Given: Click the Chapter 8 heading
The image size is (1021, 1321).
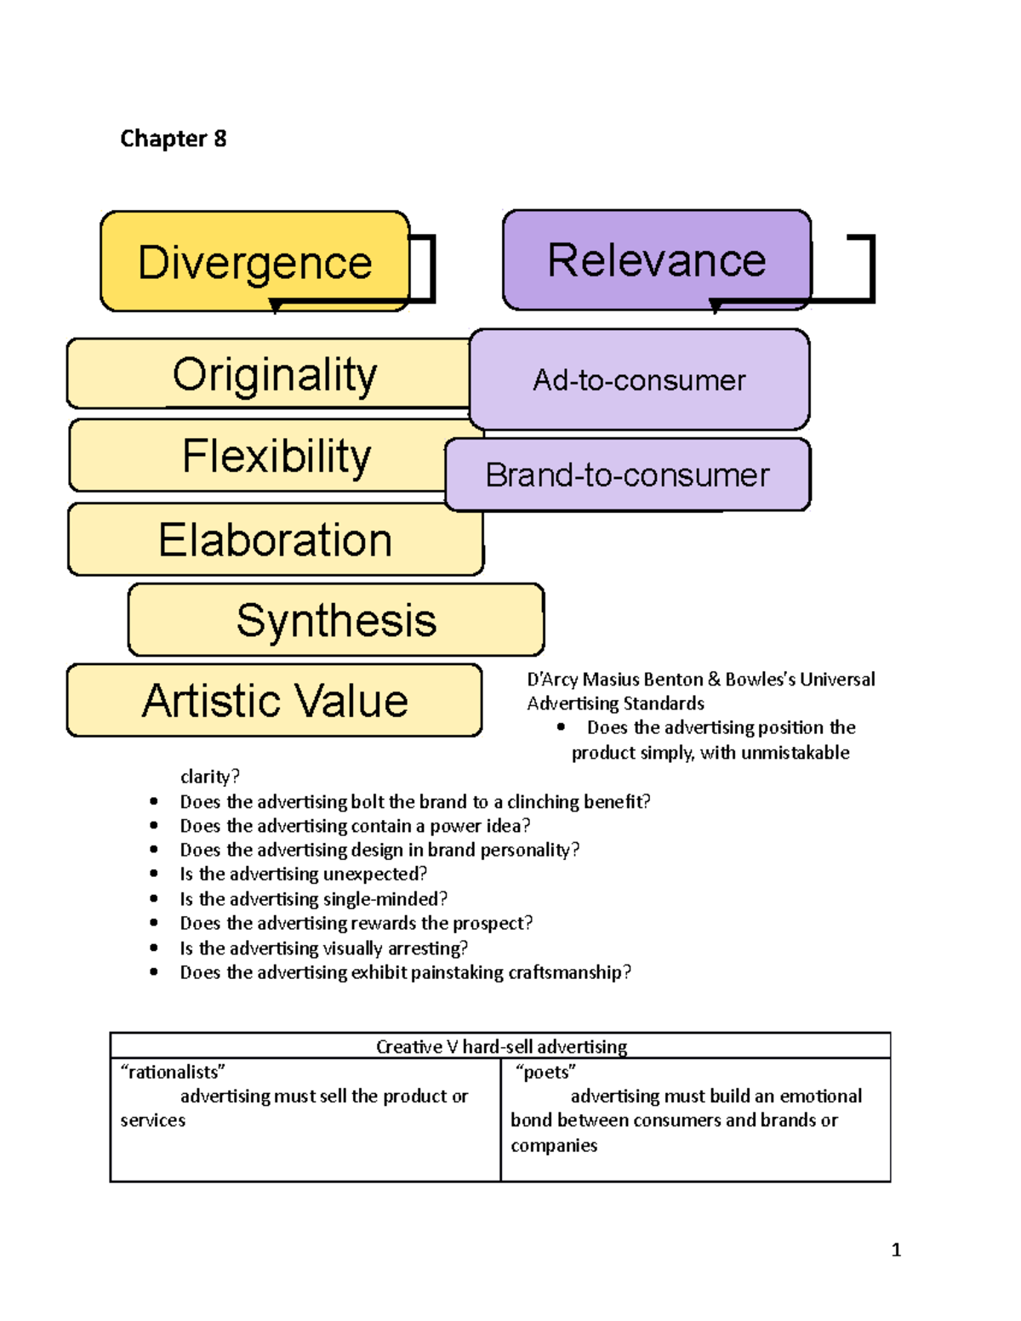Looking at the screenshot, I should tap(174, 139).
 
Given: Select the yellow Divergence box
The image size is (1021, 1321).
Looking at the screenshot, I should tap(254, 261).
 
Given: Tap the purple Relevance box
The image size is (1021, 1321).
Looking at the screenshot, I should tap(656, 259).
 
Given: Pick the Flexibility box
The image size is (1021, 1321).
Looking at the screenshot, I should tap(276, 456).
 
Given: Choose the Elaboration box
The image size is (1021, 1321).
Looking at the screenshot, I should tap(275, 540).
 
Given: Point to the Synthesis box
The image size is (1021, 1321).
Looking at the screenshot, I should tap(336, 620).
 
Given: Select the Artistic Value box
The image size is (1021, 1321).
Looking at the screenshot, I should tap(274, 701).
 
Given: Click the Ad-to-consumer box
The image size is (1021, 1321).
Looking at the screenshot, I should tap(639, 380).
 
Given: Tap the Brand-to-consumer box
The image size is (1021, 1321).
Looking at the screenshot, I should tap(627, 475).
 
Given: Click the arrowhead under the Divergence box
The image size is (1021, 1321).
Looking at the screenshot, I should tap(275, 306).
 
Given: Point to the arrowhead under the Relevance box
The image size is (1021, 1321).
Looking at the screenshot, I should tap(715, 306).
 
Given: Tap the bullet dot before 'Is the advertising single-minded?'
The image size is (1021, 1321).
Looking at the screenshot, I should tap(154, 898).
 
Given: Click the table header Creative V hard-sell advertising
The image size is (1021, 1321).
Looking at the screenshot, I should tap(501, 1046).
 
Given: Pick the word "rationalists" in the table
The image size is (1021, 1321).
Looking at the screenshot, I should tap(173, 1072).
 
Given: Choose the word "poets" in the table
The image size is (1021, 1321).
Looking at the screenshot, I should tap(545, 1072).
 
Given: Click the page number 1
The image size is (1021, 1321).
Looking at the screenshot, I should tap(896, 1250).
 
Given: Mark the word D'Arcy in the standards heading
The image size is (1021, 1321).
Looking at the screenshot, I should tap(552, 679).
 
